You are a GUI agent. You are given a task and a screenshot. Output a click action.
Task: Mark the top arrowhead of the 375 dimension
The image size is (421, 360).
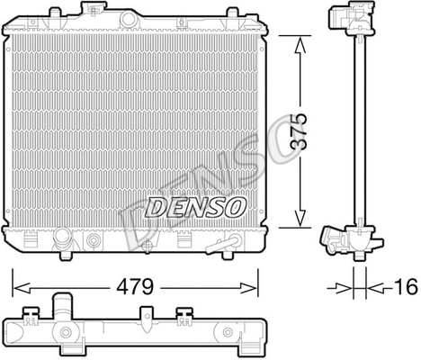point(296,40)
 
